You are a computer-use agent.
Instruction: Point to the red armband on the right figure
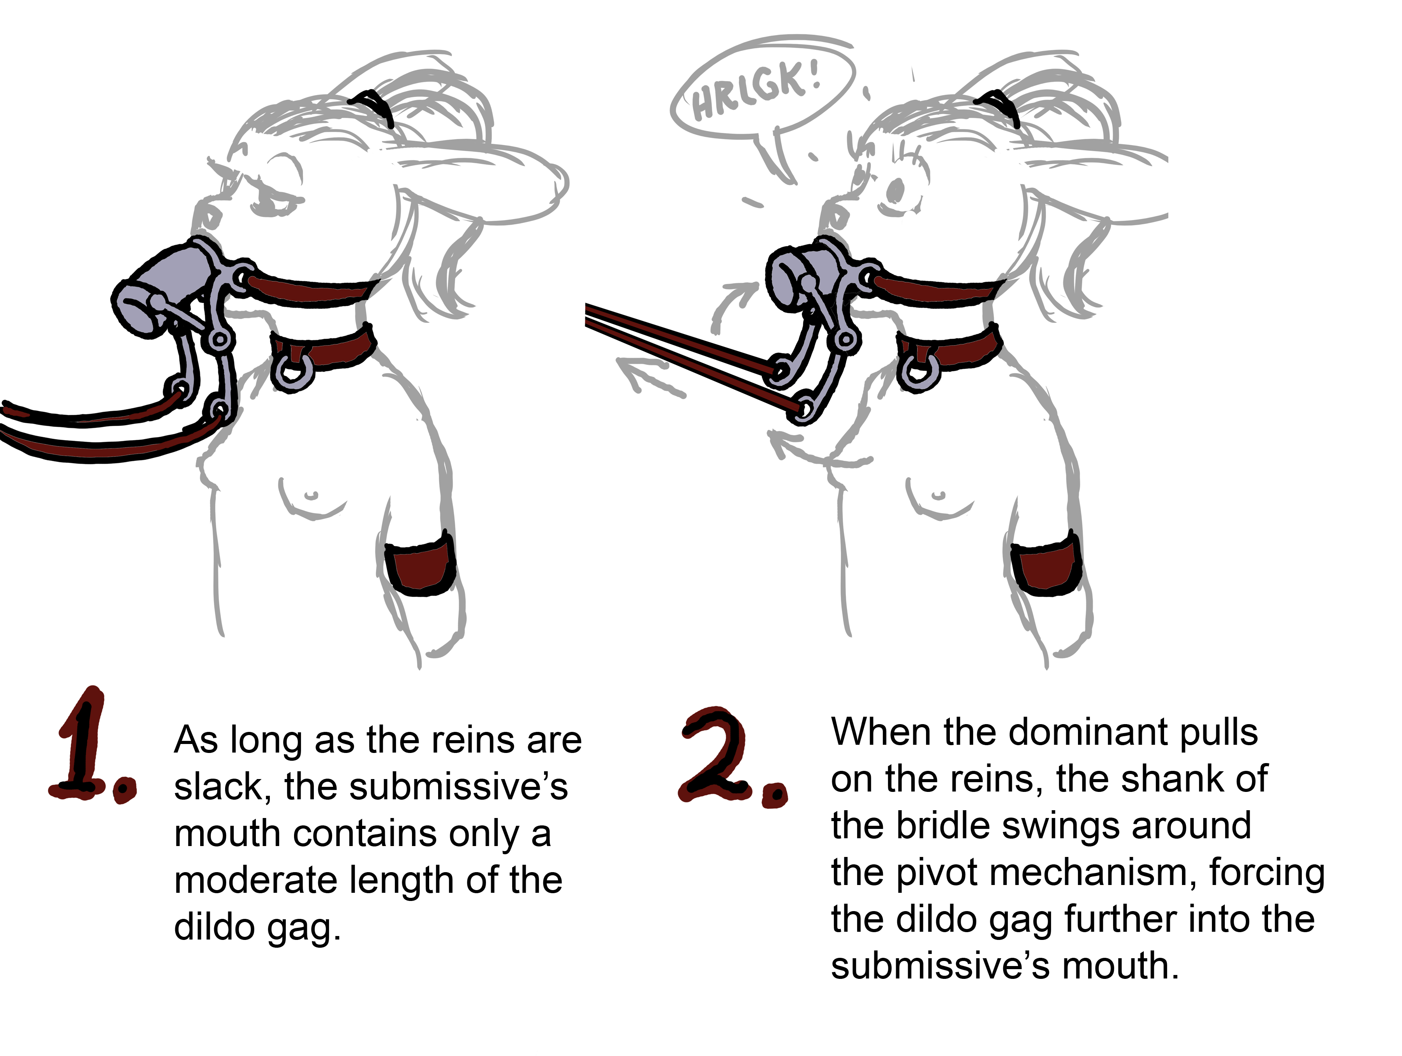tap(1045, 564)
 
